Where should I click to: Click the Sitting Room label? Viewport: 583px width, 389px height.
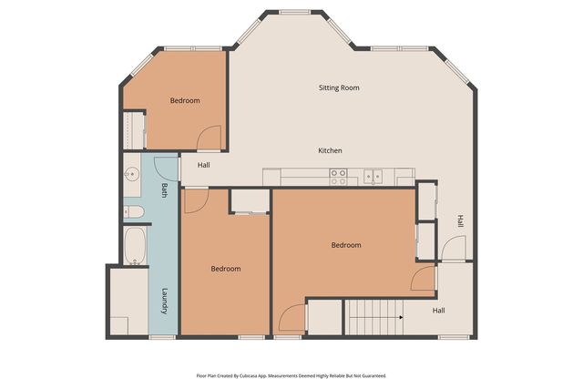(339, 87)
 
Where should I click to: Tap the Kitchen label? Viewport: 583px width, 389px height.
(330, 150)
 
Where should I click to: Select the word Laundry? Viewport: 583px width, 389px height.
(165, 302)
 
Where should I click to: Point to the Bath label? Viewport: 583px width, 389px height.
(164, 190)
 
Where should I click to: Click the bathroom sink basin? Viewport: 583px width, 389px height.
(131, 174)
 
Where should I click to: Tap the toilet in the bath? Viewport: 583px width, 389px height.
(134, 212)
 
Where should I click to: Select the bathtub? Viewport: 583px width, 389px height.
(135, 246)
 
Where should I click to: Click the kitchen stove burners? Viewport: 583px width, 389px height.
(338, 177)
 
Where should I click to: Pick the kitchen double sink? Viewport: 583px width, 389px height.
(373, 176)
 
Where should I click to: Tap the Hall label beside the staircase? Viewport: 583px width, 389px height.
(439, 311)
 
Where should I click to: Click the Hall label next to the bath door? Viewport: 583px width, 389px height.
(204, 165)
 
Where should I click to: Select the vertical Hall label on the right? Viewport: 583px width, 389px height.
(461, 220)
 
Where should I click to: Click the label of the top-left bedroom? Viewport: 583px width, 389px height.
(185, 101)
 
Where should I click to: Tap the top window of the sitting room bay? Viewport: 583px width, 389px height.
(295, 12)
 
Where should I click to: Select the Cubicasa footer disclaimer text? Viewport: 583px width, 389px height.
(291, 376)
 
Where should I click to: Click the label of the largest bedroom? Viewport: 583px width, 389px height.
(346, 245)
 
